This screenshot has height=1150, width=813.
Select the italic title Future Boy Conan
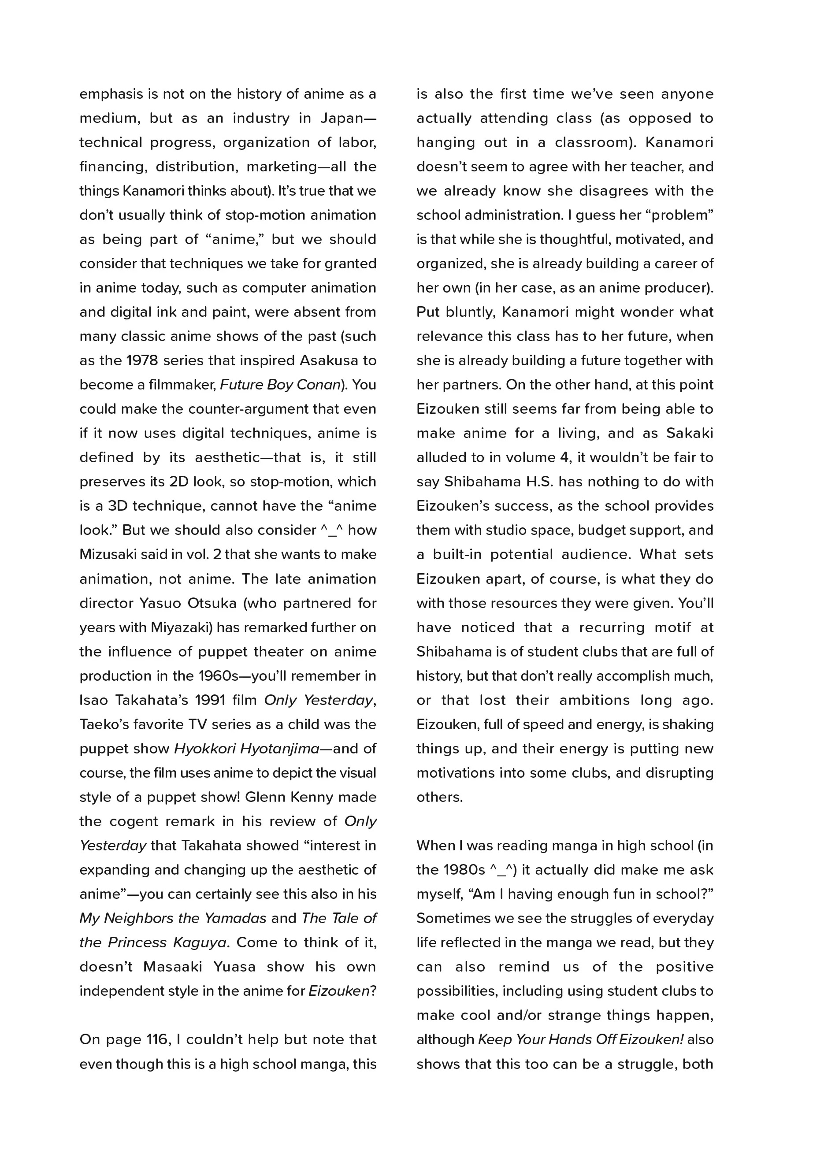(x=281, y=385)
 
